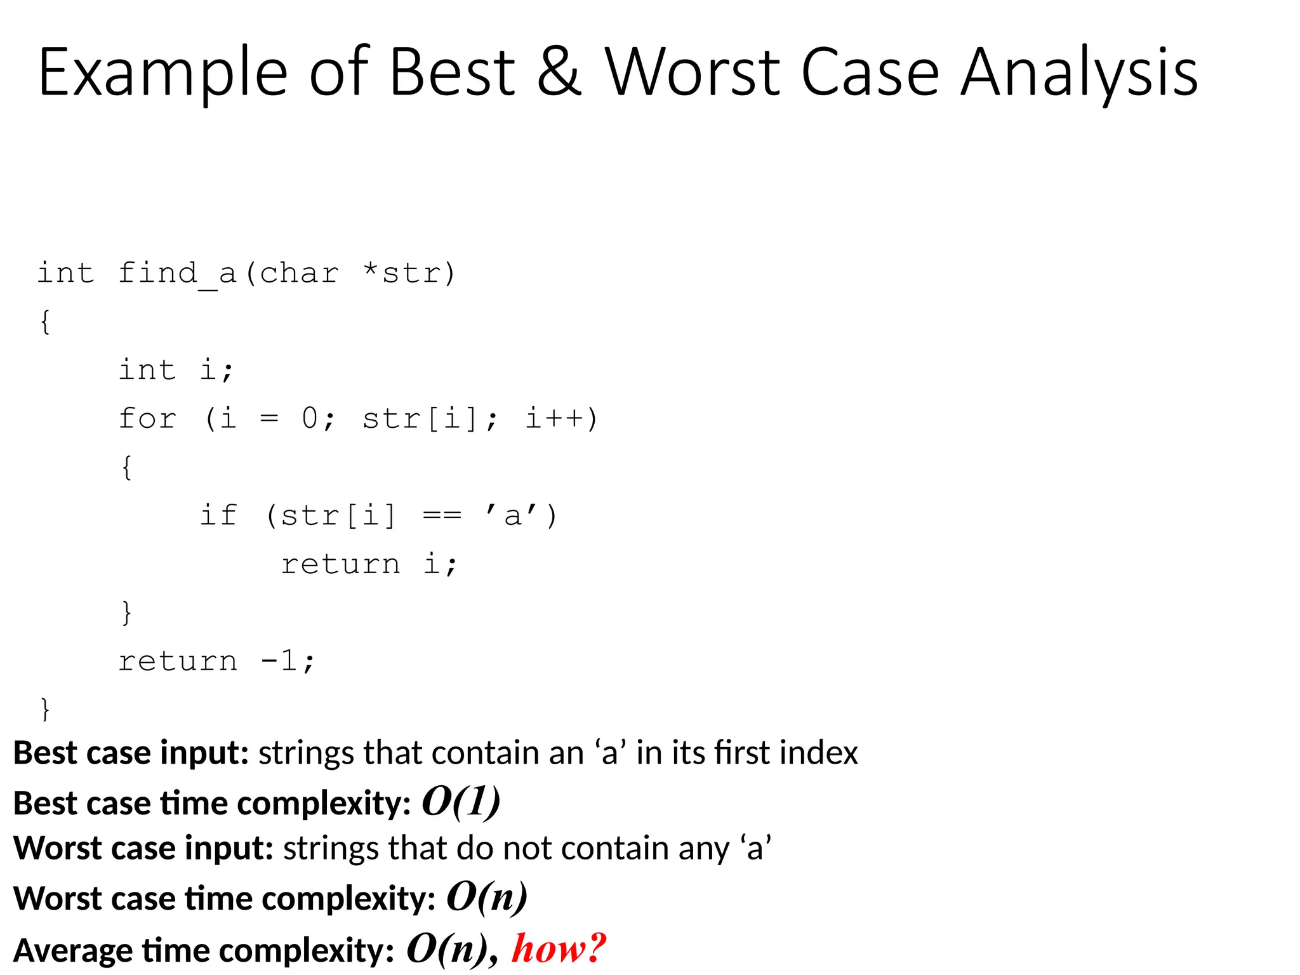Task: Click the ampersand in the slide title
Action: click(559, 73)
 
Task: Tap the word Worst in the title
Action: click(692, 73)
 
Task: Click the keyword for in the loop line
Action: click(147, 419)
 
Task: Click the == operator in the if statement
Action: click(442, 515)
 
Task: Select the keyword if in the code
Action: click(218, 515)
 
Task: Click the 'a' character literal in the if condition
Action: click(512, 515)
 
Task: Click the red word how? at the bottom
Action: click(559, 948)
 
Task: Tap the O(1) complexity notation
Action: click(461, 802)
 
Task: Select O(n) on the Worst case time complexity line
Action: click(487, 897)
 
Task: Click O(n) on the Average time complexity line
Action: click(447, 948)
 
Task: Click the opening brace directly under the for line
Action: click(127, 467)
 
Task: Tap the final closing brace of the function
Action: click(45, 709)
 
